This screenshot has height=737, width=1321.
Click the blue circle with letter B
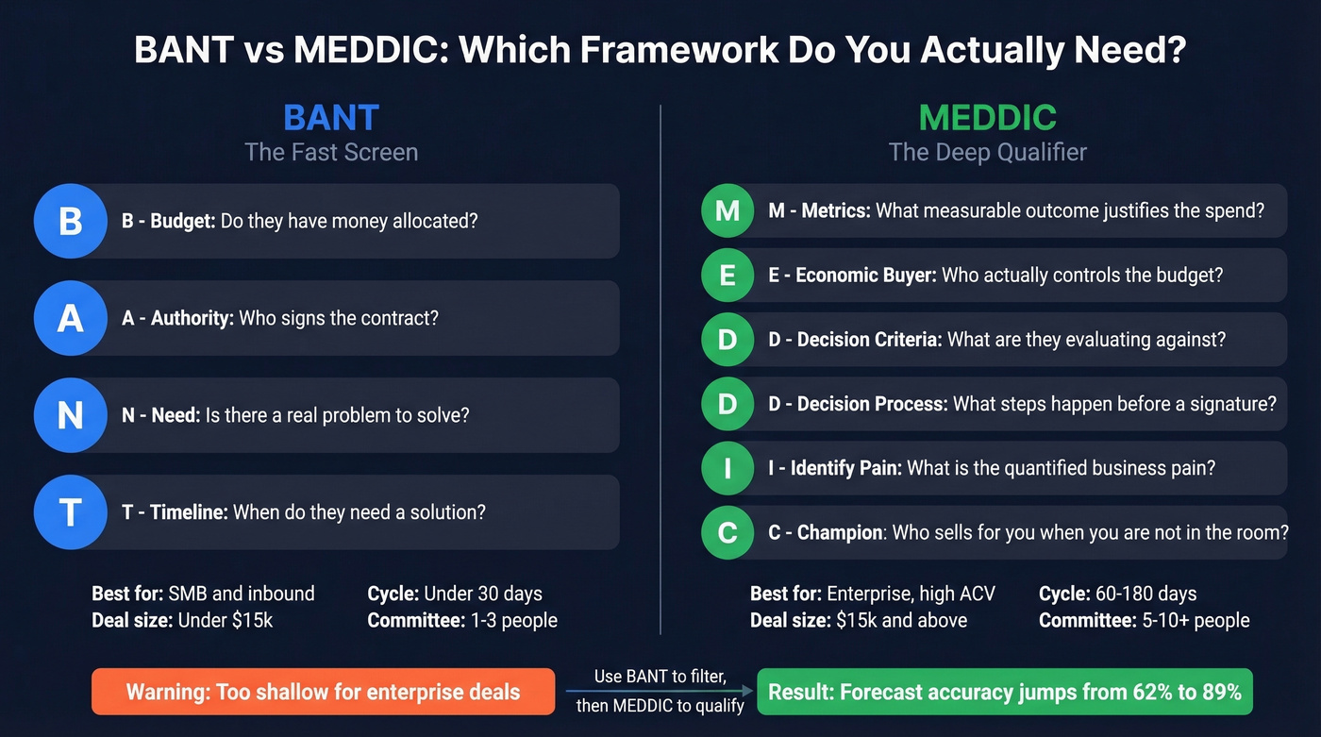71,222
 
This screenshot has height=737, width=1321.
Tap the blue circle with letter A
71,319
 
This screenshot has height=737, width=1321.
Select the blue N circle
71,415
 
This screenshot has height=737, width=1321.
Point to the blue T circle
71,512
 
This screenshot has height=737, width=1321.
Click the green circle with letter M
727,210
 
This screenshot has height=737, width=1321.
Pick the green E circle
727,275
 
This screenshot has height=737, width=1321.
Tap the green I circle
727,468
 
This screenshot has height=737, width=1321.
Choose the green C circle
727,532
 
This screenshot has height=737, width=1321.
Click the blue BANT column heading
331,118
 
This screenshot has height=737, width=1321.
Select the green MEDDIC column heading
987,118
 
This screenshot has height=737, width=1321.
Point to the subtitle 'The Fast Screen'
331,152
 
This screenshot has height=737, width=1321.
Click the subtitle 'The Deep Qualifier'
987,152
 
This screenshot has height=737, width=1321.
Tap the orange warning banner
323,692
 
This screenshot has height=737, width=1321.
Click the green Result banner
1005,692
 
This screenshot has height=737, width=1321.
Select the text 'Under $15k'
226,620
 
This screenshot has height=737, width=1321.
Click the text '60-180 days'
1145,594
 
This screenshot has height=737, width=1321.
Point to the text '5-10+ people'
1196,620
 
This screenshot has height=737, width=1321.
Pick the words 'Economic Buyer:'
866,275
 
